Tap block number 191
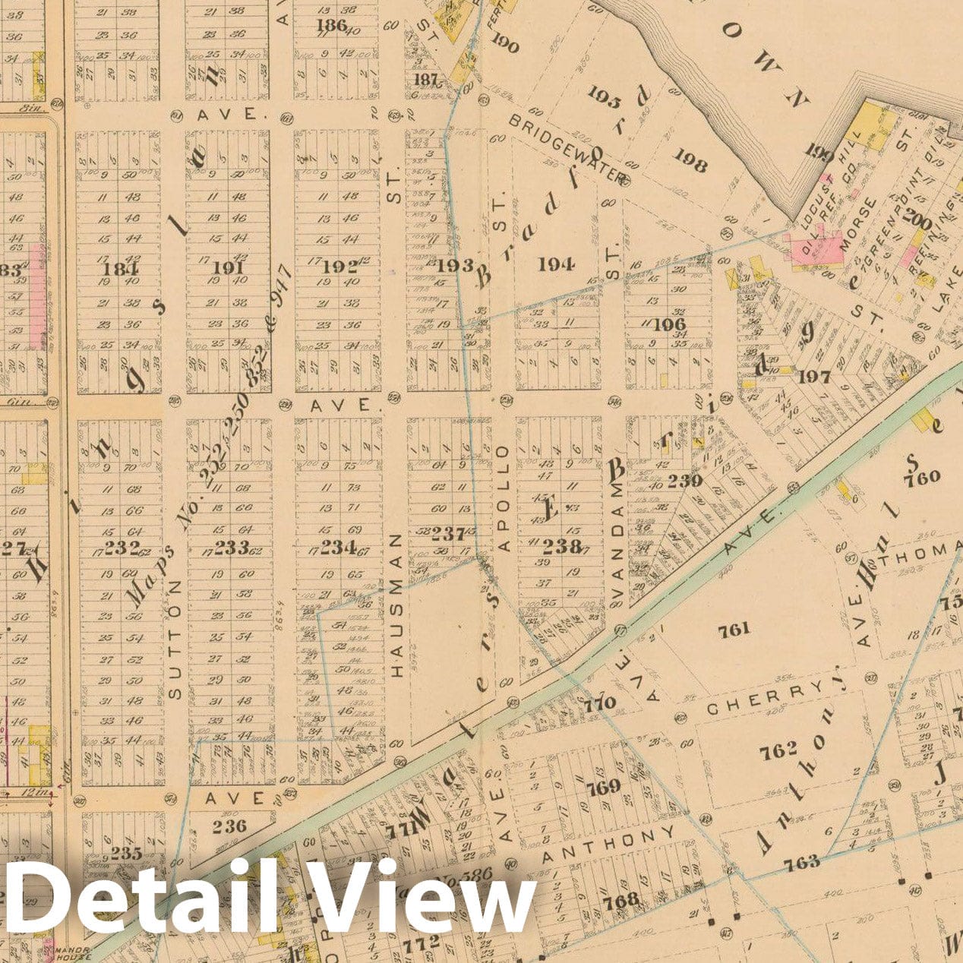[228, 268]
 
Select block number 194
[555, 264]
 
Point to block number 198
[689, 164]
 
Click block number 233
[232, 547]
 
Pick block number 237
[448, 534]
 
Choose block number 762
[779, 750]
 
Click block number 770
[600, 704]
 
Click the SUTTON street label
[175, 640]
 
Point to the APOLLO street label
[504, 497]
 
